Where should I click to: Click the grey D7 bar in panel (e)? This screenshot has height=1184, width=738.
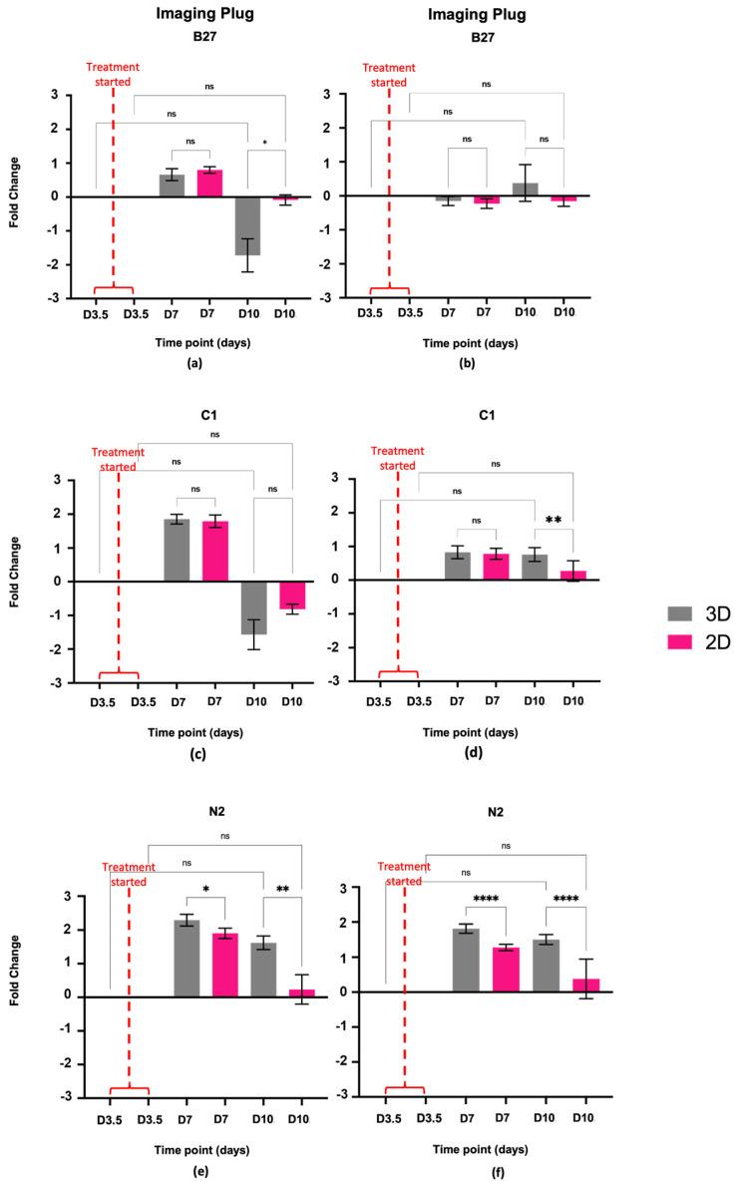pyautogui.click(x=186, y=958)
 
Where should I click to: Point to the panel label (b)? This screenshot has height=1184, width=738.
pyautogui.click(x=467, y=363)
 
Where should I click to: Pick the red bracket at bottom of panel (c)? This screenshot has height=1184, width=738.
pyautogui.click(x=119, y=673)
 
